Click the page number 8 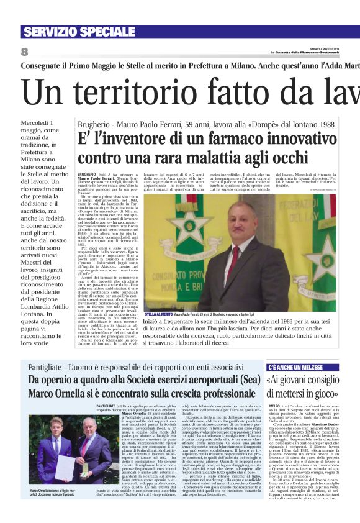click(x=24, y=52)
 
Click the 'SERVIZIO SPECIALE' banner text click(x=71, y=32)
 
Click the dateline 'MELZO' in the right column click(x=274, y=406)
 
